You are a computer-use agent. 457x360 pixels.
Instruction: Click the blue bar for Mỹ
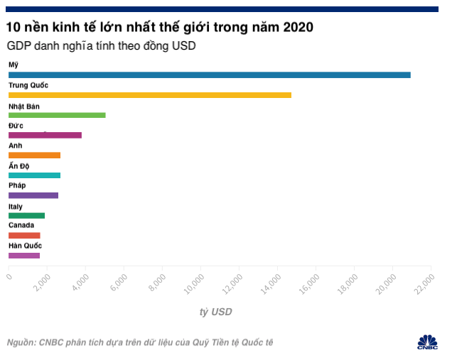click(x=210, y=75)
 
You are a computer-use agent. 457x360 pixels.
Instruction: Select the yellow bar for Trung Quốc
click(x=150, y=94)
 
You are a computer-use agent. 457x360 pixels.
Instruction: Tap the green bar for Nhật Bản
click(x=57, y=114)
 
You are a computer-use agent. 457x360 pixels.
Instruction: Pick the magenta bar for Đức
click(x=45, y=135)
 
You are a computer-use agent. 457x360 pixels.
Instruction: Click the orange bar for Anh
click(x=34, y=155)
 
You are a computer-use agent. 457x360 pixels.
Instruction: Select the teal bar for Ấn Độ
click(x=34, y=175)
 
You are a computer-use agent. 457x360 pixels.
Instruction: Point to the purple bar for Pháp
click(x=33, y=195)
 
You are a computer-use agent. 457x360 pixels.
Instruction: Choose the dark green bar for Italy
click(x=26, y=215)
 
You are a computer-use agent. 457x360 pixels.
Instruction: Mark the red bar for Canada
click(x=24, y=235)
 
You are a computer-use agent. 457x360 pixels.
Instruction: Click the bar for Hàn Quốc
click(x=24, y=255)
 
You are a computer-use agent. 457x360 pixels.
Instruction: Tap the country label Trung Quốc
click(x=28, y=85)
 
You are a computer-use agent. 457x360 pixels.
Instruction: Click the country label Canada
click(x=21, y=225)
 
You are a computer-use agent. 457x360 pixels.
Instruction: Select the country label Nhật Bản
click(x=24, y=106)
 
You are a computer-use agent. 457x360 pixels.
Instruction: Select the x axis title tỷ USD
click(x=215, y=312)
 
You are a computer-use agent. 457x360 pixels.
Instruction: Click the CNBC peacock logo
click(x=427, y=340)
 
